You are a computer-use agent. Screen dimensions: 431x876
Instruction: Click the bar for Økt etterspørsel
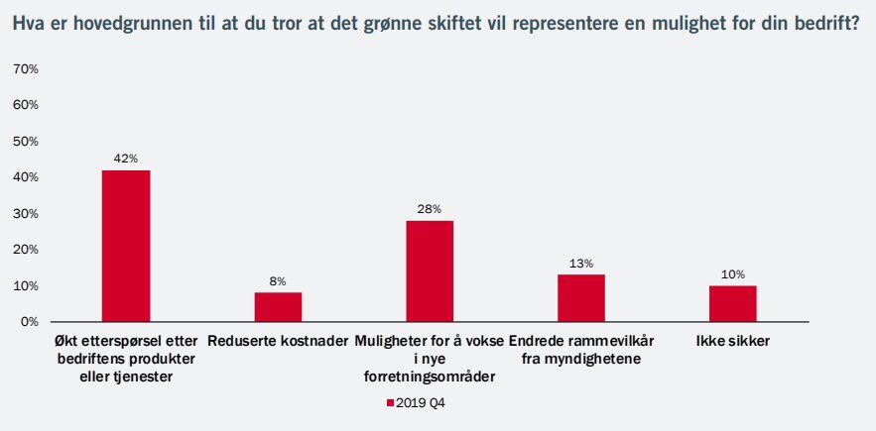pos(126,246)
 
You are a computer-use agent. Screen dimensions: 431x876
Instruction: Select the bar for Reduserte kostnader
pos(278,307)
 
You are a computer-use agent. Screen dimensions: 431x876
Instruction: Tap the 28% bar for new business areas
pos(430,270)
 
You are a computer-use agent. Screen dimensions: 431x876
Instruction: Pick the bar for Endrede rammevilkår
pos(581,298)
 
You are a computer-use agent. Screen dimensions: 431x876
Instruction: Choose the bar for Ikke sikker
pos(733,303)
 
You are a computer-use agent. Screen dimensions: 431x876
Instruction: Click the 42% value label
pos(126,159)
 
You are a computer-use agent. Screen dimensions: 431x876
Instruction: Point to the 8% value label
pos(278,281)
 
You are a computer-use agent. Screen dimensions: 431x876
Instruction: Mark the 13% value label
pos(581,264)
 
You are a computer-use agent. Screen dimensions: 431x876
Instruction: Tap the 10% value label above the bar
pos(733,274)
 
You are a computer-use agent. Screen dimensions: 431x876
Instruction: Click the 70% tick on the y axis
pos(25,68)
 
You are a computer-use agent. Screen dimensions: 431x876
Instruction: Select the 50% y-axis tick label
pos(25,141)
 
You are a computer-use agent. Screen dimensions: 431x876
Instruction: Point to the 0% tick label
pos(29,322)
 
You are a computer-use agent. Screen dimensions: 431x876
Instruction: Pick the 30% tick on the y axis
pos(25,213)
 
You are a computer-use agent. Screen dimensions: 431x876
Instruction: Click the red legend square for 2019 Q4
pos(390,403)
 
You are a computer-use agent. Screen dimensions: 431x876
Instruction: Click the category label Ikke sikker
pos(733,342)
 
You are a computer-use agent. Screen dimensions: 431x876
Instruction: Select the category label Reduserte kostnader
pos(278,342)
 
